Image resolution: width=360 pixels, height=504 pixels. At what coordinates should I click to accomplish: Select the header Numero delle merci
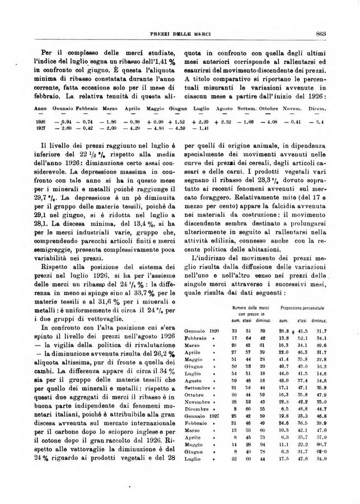point(252,309)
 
